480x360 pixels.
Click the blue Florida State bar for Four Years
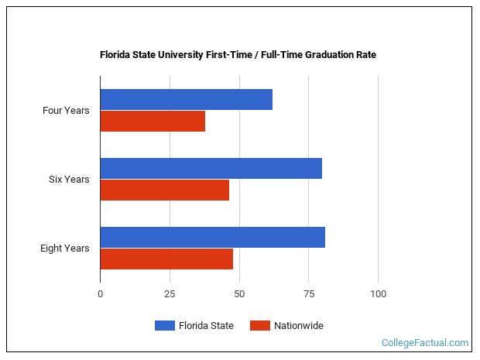click(186, 99)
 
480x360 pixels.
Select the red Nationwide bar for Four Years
click(153, 122)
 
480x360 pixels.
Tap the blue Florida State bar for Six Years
click(211, 168)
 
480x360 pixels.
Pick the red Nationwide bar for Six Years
click(164, 190)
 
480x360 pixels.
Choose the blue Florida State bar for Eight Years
click(212, 237)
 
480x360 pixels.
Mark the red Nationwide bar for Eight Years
click(166, 259)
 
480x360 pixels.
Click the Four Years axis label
click(66, 111)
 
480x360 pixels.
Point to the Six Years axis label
click(69, 180)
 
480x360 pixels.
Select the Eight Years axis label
click(65, 249)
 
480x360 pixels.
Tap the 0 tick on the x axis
click(100, 294)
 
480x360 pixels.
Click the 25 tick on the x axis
click(170, 294)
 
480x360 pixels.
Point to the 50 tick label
click(239, 294)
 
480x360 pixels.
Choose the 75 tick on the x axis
click(308, 294)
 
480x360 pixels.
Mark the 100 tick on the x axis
click(378, 294)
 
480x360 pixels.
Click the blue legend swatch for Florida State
click(165, 326)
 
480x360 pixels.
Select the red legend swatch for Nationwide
click(259, 326)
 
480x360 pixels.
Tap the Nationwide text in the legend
click(299, 326)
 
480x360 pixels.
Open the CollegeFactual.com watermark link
click(425, 342)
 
